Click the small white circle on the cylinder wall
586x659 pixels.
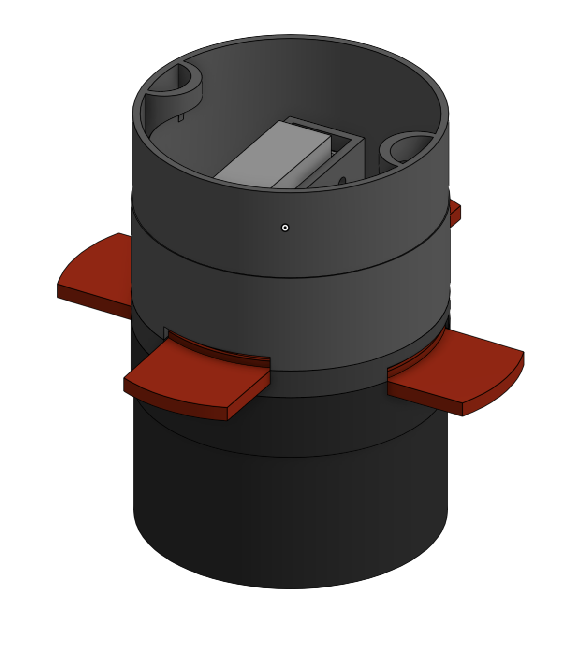point(285,228)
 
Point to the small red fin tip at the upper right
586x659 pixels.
point(455,212)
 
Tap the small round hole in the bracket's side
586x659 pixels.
point(343,180)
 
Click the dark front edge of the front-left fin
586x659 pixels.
point(174,399)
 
